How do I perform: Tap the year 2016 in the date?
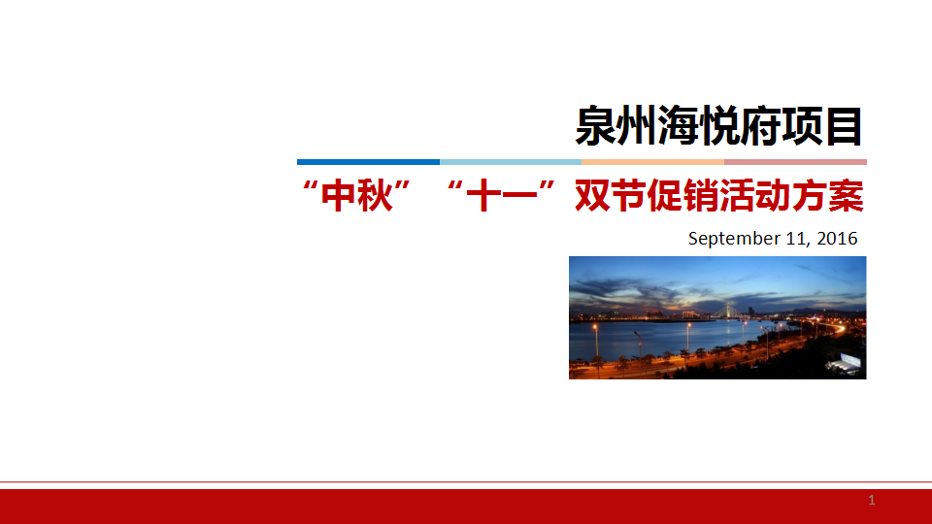pos(837,239)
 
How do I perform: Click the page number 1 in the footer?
pos(872,501)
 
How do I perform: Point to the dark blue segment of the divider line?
pos(369,162)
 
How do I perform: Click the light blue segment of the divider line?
pos(511,162)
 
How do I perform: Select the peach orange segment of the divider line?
pos(653,162)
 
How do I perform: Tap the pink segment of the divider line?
pos(795,162)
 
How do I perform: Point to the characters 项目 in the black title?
pos(822,126)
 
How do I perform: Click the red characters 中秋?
pos(357,195)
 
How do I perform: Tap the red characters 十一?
pos(502,195)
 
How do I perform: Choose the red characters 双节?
pos(611,195)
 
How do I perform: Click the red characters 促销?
pos(683,195)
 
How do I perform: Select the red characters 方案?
pos(828,195)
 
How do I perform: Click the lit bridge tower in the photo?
pos(727,310)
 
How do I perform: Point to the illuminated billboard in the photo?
pos(849,361)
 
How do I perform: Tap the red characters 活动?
pos(755,195)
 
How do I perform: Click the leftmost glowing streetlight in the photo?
pos(595,327)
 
